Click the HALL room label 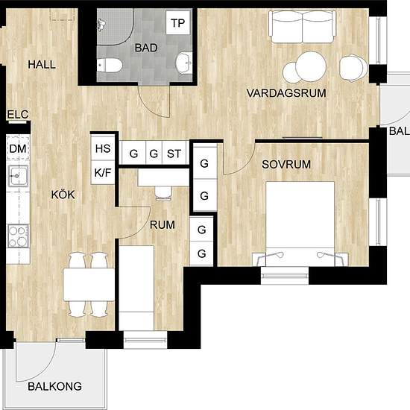coord(42,64)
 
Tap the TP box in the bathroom coord(178,23)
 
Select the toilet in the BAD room coord(110,65)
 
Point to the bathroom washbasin coord(184,63)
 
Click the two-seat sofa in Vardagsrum coord(302,26)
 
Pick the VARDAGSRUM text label coord(286,93)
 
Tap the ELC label coord(18,115)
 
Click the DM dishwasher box coord(18,148)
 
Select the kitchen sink coord(18,176)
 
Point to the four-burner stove coord(18,236)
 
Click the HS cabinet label coord(103,148)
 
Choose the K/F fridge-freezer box coord(103,172)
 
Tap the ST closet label coord(174,154)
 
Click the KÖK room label coord(63,195)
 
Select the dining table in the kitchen coord(89,285)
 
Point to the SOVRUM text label coord(286,164)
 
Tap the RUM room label coord(163,225)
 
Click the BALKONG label coord(54,386)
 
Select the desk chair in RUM coord(164,193)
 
